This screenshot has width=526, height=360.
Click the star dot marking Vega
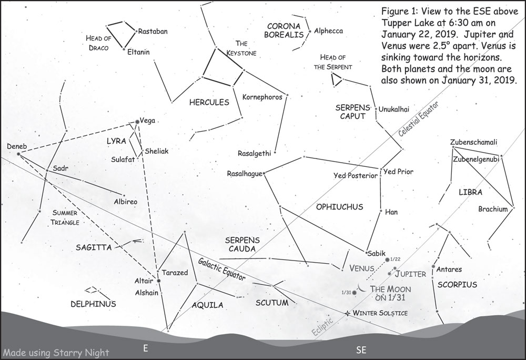pyautogui.click(x=137, y=122)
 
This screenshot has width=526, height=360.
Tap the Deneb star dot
pyautogui.click(x=18, y=154)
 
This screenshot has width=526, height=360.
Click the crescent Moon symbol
pyautogui.click(x=361, y=287)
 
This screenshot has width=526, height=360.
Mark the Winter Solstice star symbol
pyautogui.click(x=347, y=313)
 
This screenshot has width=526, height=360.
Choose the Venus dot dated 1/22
pyautogui.click(x=388, y=259)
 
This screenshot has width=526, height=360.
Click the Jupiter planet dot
pyautogui.click(x=389, y=274)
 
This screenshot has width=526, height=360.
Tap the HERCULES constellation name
pyautogui.click(x=209, y=102)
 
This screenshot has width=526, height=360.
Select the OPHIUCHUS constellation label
pyautogui.click(x=340, y=207)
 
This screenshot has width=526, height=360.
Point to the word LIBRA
pyautogui.click(x=470, y=193)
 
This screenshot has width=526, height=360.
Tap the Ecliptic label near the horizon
pyautogui.click(x=322, y=327)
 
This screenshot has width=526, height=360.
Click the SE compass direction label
pyautogui.click(x=361, y=349)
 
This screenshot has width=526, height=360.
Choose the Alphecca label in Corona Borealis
pyautogui.click(x=328, y=31)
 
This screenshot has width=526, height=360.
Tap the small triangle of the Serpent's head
pyautogui.click(x=336, y=79)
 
